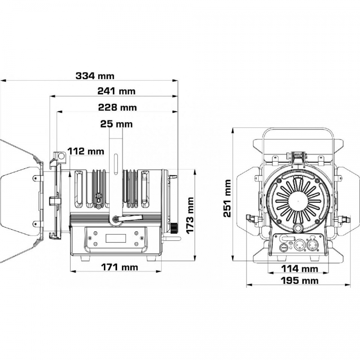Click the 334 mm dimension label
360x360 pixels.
pos(95,76)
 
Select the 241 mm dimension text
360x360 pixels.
pos(117,91)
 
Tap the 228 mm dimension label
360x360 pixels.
pos(117,107)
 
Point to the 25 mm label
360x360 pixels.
pos(117,124)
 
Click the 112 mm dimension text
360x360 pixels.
pos(85,151)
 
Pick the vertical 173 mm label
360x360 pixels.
pos(190,216)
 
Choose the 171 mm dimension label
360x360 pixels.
pos(120,267)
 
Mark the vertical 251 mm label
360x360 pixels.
pos(227,198)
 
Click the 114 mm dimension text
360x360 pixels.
pos(300,269)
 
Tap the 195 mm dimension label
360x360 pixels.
pos(300,280)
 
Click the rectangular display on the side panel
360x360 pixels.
pos(116,238)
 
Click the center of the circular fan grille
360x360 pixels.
pos(298,201)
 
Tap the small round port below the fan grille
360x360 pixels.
pos(298,228)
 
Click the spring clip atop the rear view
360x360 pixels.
pos(298,156)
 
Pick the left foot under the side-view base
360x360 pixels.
pos(85,258)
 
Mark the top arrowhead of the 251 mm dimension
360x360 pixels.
pos(233,131)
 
